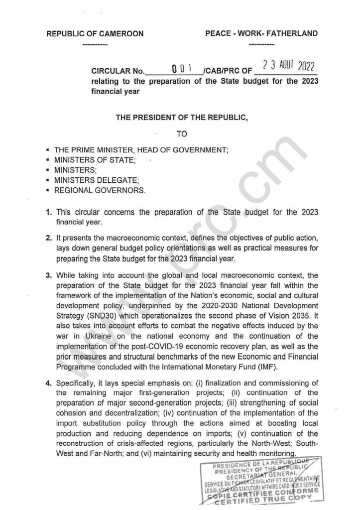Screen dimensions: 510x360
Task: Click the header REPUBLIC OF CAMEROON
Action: [95, 34]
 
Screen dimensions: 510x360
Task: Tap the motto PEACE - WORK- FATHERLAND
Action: [261, 34]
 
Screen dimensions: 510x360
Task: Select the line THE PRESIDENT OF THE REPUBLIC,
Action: [180, 118]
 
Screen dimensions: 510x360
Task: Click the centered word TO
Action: [180, 134]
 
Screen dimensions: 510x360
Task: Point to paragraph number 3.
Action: [48, 275]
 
